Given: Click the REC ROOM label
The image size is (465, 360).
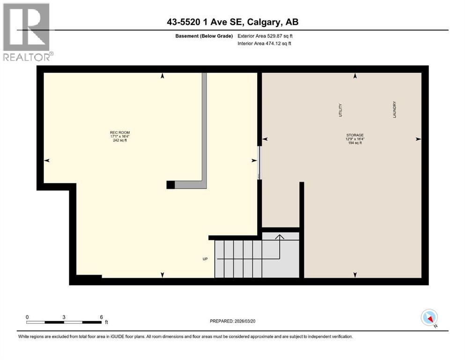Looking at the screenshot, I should pos(119,133).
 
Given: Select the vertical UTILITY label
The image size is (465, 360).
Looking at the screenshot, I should pos(340,110).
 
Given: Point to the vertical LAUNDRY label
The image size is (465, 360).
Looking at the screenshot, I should pos(395,109).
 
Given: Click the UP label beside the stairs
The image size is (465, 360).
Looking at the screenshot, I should pos(205,259).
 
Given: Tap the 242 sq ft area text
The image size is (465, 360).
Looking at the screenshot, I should pos(119,140).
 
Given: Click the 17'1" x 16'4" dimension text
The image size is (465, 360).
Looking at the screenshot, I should pos(119,136).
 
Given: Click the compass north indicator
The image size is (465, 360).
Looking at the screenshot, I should pos(429,318).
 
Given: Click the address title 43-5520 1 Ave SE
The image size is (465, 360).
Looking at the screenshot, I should pos(232,22).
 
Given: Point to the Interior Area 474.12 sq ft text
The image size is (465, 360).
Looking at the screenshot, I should pos(265,43).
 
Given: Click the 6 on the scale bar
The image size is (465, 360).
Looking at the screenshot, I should pos(101,317).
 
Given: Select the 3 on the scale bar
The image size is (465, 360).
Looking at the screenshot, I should pos(64,317).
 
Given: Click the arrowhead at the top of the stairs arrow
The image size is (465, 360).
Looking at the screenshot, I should pos(280,237).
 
